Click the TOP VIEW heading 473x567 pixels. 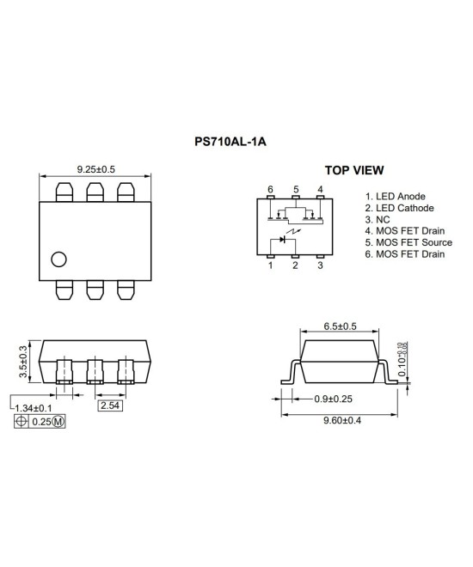pos(353,170)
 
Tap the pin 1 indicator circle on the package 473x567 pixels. pos(58,259)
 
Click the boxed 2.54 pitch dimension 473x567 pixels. pos(110,405)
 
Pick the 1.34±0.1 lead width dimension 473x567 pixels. pos(37,407)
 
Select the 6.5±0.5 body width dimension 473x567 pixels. pos(341,326)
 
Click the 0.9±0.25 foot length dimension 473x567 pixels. pos(320,398)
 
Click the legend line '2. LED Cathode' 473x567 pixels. pos(399,208)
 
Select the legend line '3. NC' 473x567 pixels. pos(378,220)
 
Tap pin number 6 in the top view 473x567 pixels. pos(270,189)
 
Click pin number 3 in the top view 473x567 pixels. pos(320,265)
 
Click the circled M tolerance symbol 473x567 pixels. pos(58,422)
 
